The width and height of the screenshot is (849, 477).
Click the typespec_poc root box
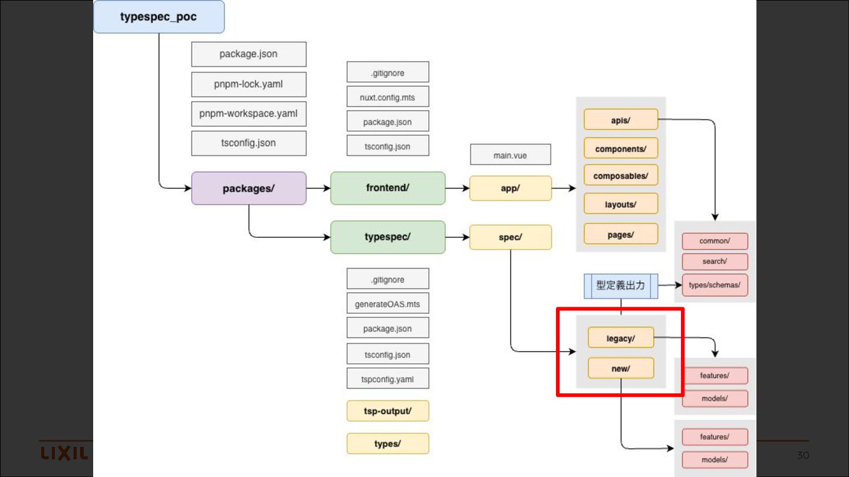tap(159, 16)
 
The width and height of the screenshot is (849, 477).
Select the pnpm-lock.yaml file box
tap(248, 84)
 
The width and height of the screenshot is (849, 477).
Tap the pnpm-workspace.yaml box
tap(248, 114)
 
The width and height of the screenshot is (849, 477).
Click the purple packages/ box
tap(248, 188)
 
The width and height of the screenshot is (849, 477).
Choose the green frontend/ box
tap(387, 188)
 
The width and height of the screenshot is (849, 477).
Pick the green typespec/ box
tap(387, 237)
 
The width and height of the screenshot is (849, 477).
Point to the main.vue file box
tap(510, 155)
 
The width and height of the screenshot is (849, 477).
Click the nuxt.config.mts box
tap(387, 97)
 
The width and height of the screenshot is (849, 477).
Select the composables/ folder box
tap(620, 175)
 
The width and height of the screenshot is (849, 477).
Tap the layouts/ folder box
tap(620, 204)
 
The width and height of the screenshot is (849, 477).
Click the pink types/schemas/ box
tap(715, 285)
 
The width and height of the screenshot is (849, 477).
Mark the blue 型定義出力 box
tap(620, 286)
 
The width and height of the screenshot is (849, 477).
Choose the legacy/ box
tap(620, 338)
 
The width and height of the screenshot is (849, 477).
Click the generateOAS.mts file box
tap(387, 304)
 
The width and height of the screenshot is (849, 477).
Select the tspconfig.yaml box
tap(387, 379)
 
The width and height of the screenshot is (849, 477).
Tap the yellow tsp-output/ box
tap(387, 411)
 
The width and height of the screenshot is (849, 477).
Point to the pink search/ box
tap(715, 261)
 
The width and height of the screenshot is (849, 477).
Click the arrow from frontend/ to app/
tap(457, 188)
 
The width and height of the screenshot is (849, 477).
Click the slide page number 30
tap(803, 455)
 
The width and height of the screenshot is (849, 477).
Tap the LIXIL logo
tap(64, 453)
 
